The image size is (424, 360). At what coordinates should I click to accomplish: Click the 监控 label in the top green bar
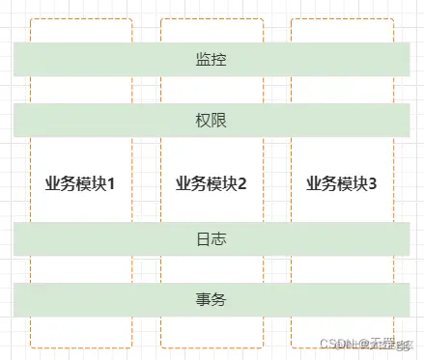211,59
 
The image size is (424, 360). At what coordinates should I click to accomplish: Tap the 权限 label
211,121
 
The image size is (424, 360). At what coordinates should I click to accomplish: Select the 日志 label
211,238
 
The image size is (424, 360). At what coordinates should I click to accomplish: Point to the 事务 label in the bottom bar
211,299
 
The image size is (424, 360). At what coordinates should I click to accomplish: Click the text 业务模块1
80,182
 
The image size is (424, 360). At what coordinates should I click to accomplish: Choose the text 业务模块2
212,182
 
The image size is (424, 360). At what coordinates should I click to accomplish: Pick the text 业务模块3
342,182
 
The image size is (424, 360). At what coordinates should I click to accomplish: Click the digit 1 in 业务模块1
111,182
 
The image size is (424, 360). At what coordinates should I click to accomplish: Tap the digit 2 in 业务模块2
242,182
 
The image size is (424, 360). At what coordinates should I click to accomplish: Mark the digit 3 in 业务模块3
373,182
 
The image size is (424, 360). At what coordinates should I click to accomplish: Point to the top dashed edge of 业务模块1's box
80,18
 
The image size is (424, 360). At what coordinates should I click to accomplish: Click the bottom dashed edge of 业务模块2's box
212,346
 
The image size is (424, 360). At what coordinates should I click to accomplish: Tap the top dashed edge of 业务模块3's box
342,18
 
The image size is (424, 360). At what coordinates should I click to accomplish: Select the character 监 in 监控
203,59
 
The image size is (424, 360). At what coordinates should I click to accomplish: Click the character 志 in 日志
219,238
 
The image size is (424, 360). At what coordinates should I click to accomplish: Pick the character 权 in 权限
203,121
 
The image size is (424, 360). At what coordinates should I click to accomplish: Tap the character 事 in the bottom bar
203,299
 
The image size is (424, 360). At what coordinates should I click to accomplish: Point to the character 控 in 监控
219,59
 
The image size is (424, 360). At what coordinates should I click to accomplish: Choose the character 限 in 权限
219,121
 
